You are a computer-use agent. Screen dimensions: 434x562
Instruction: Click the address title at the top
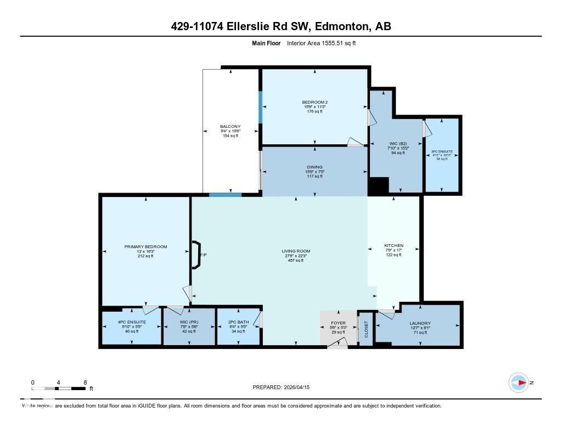coord(280,27)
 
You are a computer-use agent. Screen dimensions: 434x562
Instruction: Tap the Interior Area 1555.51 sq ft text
coord(321,43)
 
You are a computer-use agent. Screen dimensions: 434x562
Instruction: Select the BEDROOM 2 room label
coord(314,102)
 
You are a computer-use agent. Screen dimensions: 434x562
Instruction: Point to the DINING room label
coord(314,167)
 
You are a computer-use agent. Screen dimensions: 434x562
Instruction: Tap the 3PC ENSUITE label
coord(442,151)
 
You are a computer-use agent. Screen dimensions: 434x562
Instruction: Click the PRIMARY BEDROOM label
coord(145,247)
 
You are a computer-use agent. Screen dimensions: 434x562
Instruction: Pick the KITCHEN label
coord(394,245)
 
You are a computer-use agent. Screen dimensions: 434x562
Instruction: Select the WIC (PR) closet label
coord(188,322)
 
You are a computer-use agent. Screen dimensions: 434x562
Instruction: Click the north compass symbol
coord(519,382)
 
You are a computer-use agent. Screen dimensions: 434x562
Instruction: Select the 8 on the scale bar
coord(85,382)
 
